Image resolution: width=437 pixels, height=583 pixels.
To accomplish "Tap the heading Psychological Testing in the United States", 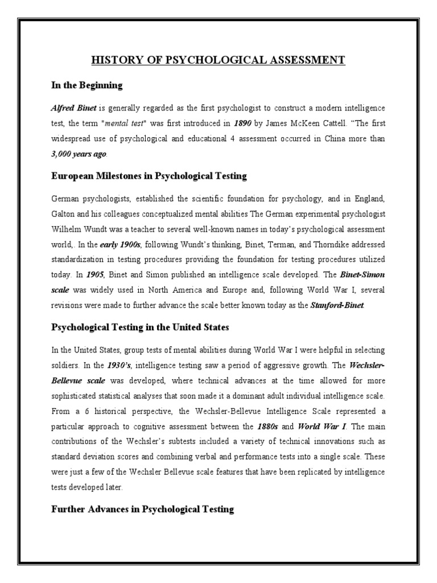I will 140,327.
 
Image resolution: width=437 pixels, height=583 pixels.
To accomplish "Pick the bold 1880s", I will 275,425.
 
